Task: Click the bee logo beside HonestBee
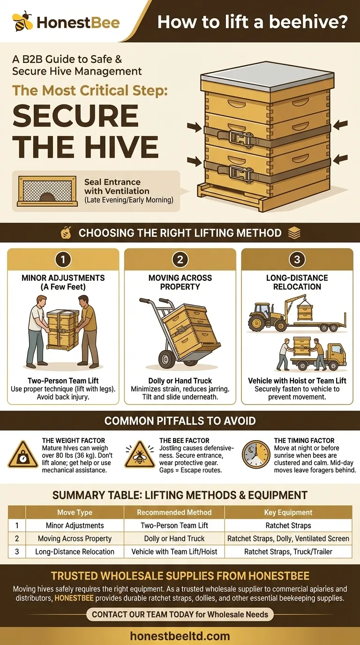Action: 22,21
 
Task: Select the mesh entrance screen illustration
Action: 47,191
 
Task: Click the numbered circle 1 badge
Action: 63,259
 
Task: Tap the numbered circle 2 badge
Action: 180,259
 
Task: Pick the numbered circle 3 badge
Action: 297,259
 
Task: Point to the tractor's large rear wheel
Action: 257,323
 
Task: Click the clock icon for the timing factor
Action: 256,454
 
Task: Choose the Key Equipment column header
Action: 288,512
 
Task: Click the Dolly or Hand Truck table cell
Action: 174,539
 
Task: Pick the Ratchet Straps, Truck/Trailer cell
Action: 288,552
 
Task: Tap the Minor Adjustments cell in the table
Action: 75,525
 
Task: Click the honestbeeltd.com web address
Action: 180,636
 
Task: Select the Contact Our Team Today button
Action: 180,615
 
